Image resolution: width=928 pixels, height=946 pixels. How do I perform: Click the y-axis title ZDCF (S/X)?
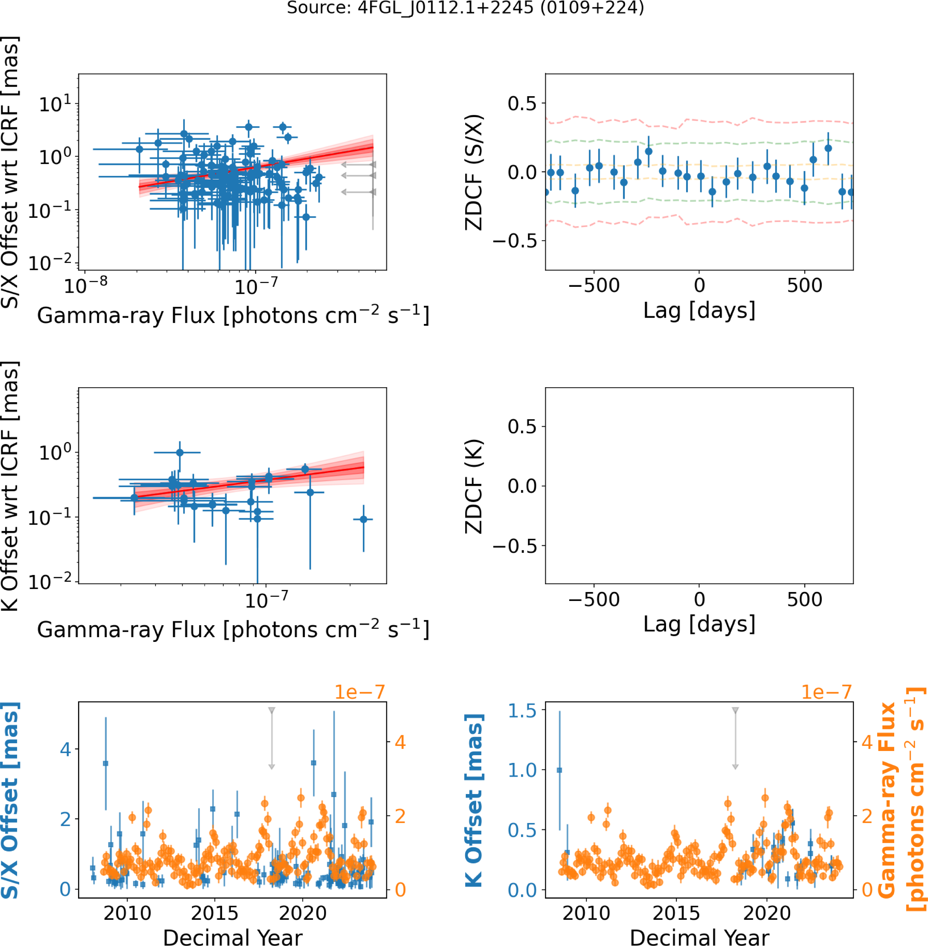[x=474, y=172]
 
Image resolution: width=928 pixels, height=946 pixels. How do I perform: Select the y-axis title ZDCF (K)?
[x=474, y=486]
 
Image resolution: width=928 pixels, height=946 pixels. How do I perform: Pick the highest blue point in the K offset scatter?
[x=180, y=452]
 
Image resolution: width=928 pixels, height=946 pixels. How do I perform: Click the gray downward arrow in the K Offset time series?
[x=735, y=738]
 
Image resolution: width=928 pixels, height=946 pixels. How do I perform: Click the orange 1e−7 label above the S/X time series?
[x=360, y=692]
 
